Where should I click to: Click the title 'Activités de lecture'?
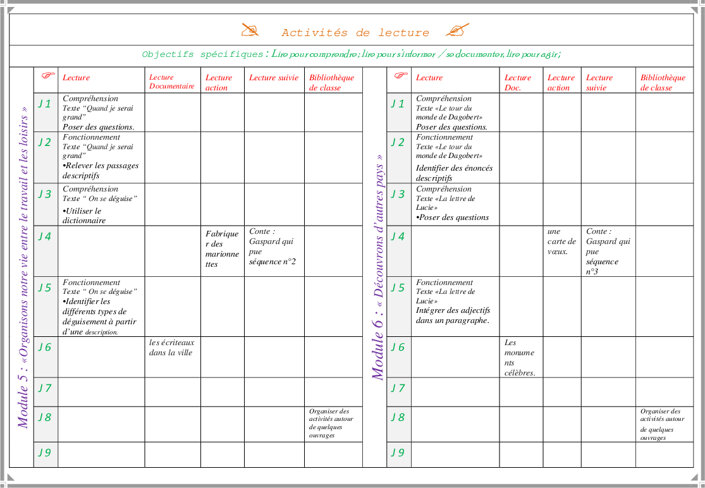[x=355, y=33]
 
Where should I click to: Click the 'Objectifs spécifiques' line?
[x=352, y=55]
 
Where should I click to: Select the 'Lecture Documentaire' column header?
[x=172, y=82]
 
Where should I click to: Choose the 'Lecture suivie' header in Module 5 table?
[x=273, y=78]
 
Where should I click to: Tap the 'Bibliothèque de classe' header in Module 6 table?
[x=663, y=83]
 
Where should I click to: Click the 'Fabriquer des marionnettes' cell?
[x=222, y=249]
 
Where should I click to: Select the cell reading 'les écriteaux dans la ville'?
[x=171, y=348]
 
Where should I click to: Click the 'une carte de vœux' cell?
[x=561, y=241]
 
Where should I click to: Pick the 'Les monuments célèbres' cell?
[x=520, y=358]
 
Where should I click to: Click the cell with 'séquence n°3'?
[x=608, y=251]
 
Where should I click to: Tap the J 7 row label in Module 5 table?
[x=44, y=388]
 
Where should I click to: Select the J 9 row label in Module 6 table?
[x=398, y=453]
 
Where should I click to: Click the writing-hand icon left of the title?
[x=250, y=30]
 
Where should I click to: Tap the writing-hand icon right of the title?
[x=457, y=30]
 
